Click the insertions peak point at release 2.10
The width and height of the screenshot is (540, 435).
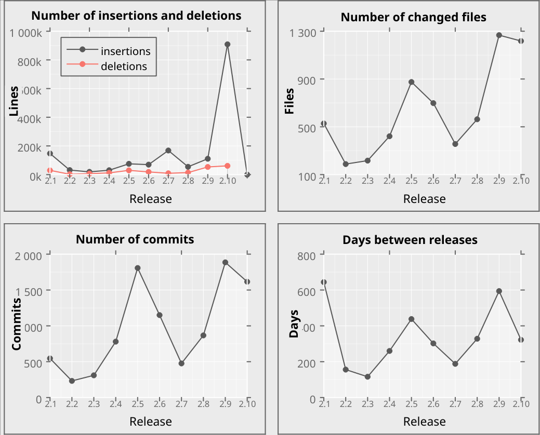pyautogui.click(x=227, y=45)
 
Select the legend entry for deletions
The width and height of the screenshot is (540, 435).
pyautogui.click(x=123, y=66)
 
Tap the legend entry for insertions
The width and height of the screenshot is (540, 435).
pyautogui.click(x=125, y=51)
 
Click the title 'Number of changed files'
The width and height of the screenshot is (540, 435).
pyautogui.click(x=413, y=18)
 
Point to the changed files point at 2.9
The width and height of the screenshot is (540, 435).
pyautogui.click(x=498, y=35)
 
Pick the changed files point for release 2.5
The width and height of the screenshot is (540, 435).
pyautogui.click(x=411, y=82)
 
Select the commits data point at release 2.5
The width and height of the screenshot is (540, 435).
pyautogui.click(x=138, y=268)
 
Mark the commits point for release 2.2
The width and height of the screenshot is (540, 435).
pyautogui.click(x=72, y=381)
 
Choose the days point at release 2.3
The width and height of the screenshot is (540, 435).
pyautogui.click(x=367, y=377)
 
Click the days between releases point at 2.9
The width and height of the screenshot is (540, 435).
pyautogui.click(x=499, y=291)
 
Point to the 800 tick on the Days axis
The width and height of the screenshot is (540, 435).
pyautogui.click(x=306, y=256)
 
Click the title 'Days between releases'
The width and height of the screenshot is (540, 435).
pyautogui.click(x=410, y=240)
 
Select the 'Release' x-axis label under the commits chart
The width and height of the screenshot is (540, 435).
pyautogui.click(x=150, y=421)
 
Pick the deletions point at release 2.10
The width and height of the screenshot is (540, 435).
pyautogui.click(x=227, y=166)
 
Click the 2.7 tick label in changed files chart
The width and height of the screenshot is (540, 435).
pyautogui.click(x=455, y=181)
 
